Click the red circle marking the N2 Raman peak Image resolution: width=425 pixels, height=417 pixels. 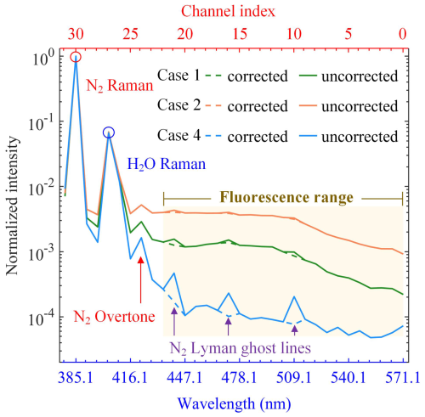pos(76,53)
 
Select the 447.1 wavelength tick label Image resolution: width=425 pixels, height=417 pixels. pos(184,378)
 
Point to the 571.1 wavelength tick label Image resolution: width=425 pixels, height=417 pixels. pos(402,378)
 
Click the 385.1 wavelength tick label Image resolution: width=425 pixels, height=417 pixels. pos(76,378)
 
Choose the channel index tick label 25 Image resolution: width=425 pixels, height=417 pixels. pos(130,34)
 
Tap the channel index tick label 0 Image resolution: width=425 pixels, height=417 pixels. pos(403,34)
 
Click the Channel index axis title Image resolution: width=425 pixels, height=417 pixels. pos(228,12)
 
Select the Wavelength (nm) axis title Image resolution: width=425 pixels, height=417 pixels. pos(234,403)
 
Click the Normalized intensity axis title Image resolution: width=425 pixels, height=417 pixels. pos(12,206)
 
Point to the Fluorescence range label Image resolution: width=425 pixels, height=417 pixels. pos(286,197)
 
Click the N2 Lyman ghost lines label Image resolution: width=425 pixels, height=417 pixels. pos(241,348)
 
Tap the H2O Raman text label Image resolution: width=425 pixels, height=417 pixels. pos(167,164)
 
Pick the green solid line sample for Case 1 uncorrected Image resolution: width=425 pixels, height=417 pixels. pos(308,76)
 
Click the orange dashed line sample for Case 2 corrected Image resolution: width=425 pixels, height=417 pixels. pos(213,105)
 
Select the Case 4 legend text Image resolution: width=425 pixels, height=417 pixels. pos(178,135)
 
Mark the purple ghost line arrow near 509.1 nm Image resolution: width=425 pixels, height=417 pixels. pos(295,330)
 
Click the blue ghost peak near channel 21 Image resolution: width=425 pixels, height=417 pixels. pos(174,273)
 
